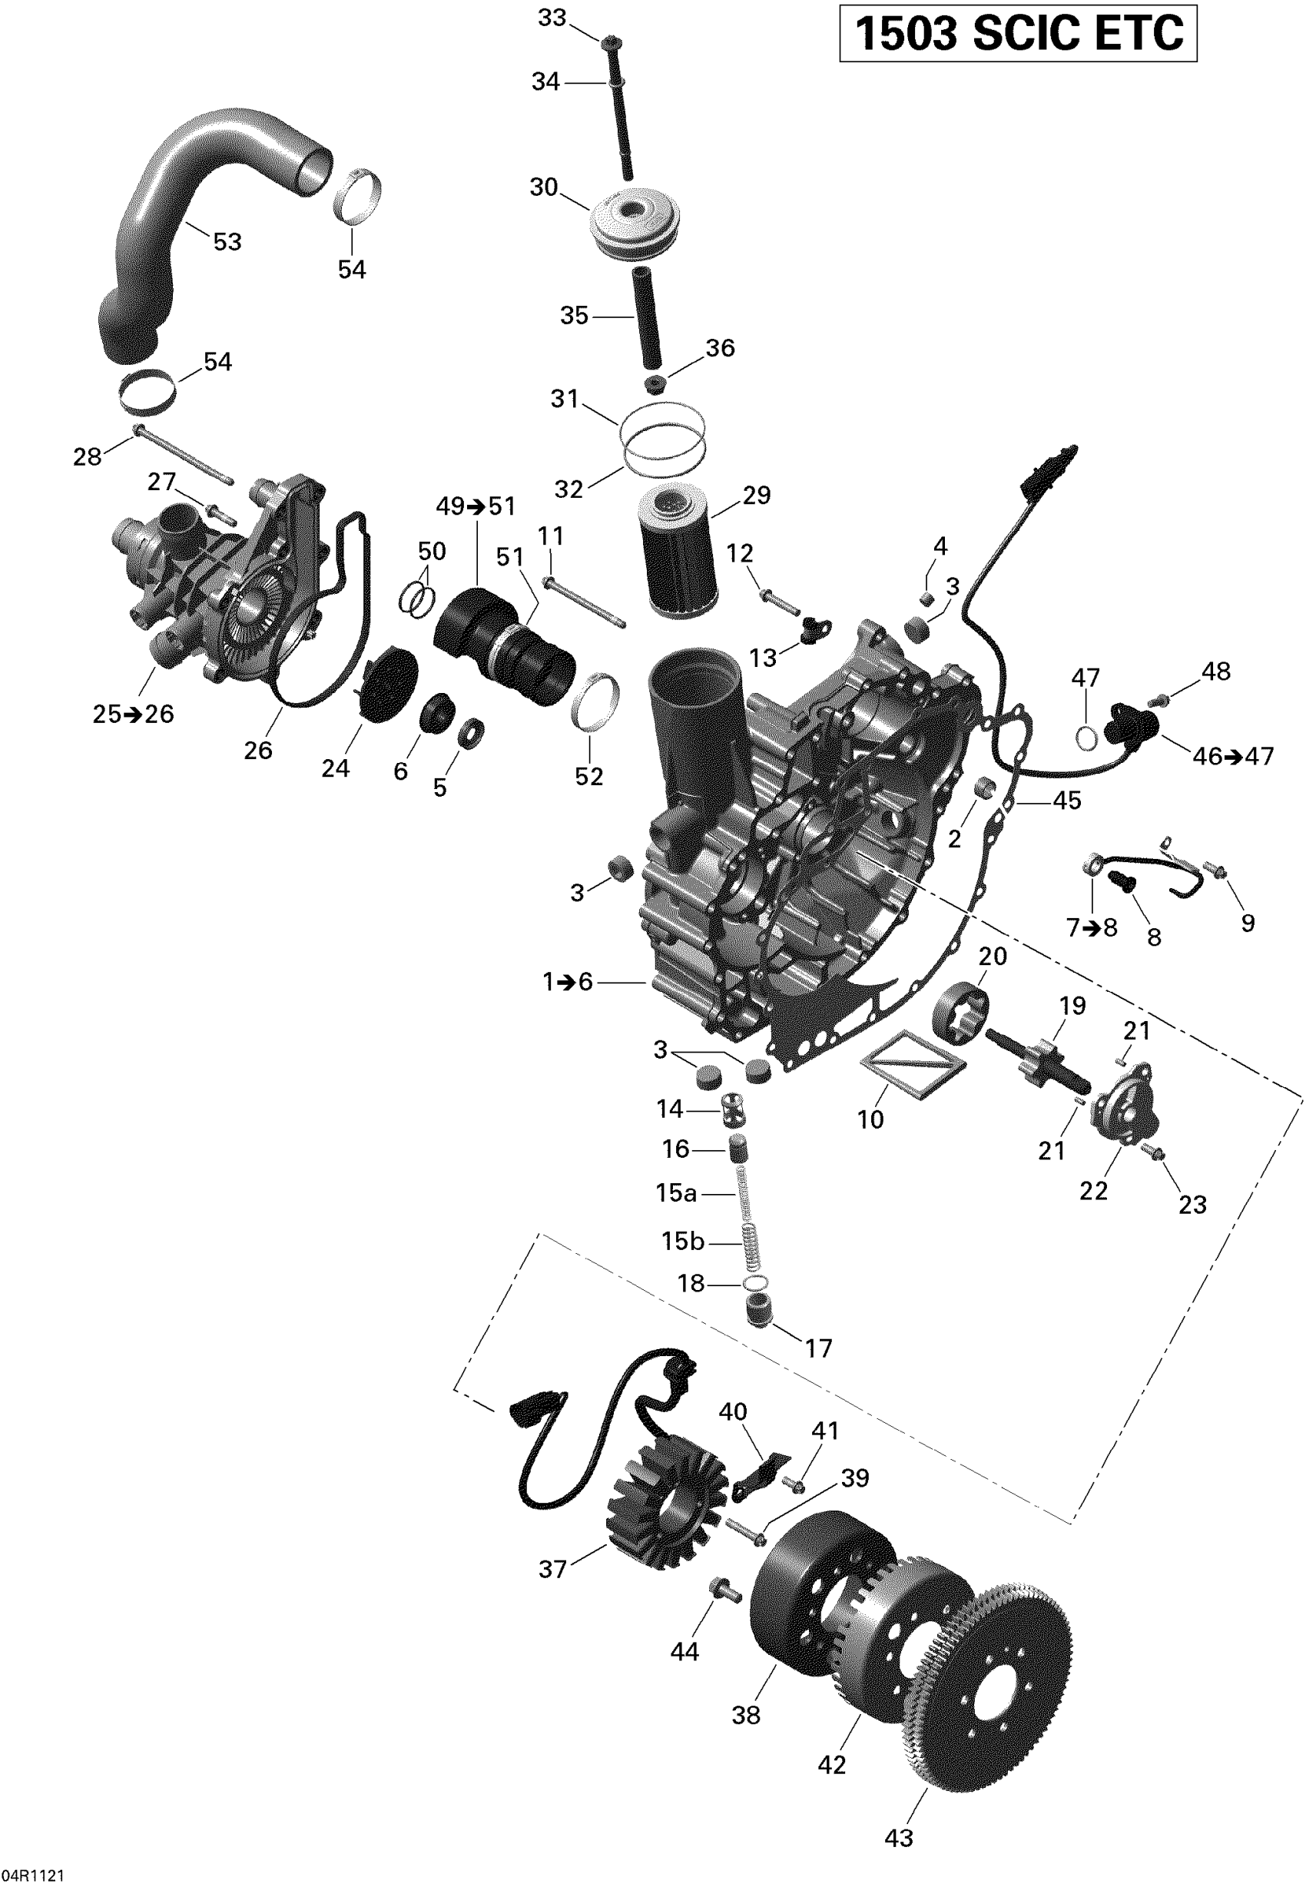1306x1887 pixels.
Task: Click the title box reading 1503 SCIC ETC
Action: pyautogui.click(x=1018, y=34)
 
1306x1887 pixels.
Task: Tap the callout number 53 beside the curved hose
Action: pyautogui.click(x=227, y=241)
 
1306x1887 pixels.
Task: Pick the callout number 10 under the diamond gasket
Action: pyautogui.click(x=870, y=1119)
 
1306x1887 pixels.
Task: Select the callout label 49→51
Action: pyautogui.click(x=476, y=506)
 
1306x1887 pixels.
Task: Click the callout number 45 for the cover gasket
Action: pyautogui.click(x=1067, y=801)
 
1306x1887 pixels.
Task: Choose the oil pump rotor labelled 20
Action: pyautogui.click(x=960, y=1015)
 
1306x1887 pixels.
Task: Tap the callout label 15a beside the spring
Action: pyautogui.click(x=676, y=1193)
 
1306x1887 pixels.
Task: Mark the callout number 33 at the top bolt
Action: pyautogui.click(x=552, y=17)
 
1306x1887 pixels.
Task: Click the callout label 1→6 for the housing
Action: pyautogui.click(x=567, y=981)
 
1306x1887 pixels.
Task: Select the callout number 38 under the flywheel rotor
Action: pyautogui.click(x=745, y=1714)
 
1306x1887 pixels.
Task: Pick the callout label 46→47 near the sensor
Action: pyautogui.click(x=1232, y=756)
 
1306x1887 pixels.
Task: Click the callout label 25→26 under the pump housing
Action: pyautogui.click(x=134, y=715)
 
